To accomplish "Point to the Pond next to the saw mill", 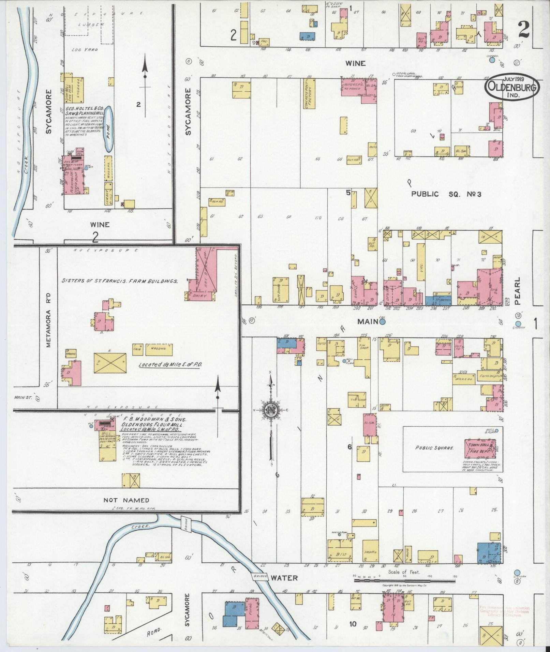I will pos(108,129).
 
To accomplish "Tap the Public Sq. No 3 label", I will pos(446,194).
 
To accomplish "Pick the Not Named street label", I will pos(126,500).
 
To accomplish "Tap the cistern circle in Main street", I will pos(383,321).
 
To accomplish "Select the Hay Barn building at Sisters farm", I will pos(206,271).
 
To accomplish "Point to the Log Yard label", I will pos(85,49).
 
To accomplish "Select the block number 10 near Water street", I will pos(353,624).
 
